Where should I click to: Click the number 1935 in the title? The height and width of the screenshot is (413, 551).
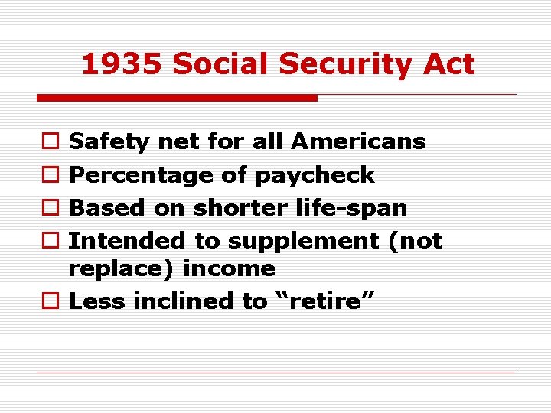[122, 64]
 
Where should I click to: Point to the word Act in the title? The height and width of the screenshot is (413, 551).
[448, 64]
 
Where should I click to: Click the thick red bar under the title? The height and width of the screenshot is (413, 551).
[177, 98]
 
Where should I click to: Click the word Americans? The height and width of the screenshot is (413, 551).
[358, 141]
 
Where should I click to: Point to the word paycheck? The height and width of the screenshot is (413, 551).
[315, 175]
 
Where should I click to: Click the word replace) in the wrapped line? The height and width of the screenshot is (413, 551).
[116, 269]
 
